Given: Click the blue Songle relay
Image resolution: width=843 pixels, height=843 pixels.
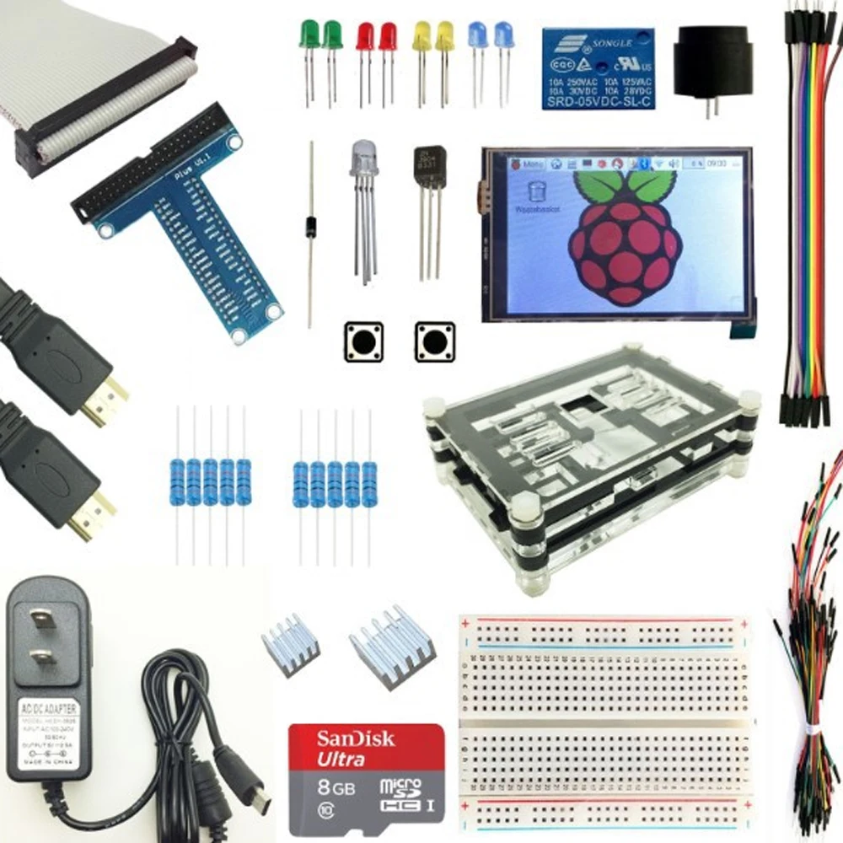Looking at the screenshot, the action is pos(597,68).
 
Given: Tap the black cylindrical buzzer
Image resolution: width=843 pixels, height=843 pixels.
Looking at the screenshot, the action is pos(711,64).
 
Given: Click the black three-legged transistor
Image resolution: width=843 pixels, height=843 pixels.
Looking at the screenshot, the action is pos(430,169).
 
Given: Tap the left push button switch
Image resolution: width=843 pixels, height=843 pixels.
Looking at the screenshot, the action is pos(363,342).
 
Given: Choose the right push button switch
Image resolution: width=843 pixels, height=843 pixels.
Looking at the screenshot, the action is pos(434,342).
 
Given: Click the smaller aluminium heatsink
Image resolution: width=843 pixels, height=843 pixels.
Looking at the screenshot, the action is pos(290,650).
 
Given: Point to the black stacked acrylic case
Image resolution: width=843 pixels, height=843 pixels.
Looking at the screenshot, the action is pos(590,464).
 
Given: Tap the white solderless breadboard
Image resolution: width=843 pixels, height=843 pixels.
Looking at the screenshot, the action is pos(604,725).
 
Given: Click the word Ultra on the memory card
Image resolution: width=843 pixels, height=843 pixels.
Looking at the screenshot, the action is pos(341,759).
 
